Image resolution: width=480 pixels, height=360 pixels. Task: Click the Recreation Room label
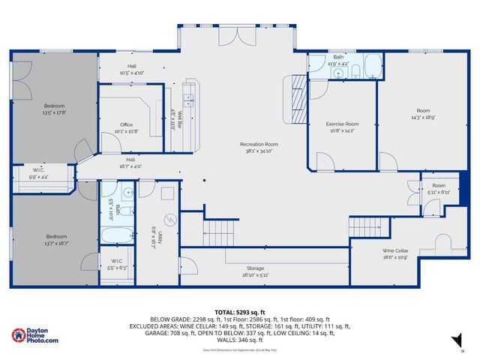(259, 147)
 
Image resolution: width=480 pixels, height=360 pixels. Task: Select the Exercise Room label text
(342, 127)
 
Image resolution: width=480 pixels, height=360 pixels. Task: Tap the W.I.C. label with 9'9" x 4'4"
(39, 173)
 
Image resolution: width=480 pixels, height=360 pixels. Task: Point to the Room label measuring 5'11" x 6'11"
(438, 189)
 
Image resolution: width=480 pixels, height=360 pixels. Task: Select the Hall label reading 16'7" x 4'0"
(130, 163)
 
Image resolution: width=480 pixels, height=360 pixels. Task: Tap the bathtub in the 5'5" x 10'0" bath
(118, 237)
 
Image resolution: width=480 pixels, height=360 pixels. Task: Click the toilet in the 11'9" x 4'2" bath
(357, 72)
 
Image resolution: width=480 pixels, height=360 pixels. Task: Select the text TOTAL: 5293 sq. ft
(239, 311)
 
